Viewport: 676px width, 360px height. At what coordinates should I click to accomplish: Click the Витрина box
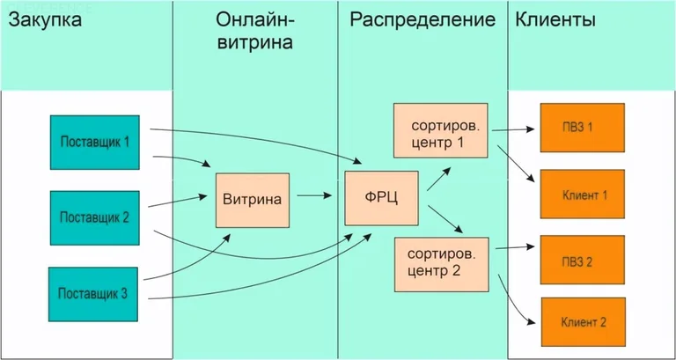253,199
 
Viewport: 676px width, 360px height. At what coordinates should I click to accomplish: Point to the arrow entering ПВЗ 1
515,130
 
